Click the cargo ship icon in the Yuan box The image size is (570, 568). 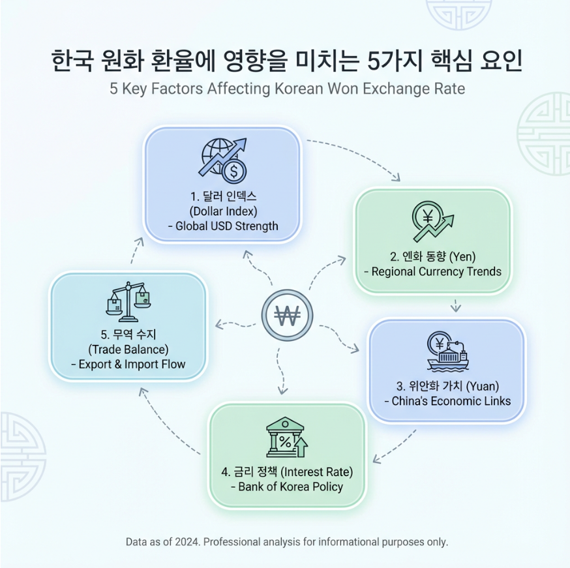click(447, 355)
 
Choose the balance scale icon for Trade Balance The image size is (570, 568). click(128, 301)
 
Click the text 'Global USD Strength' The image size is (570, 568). click(222, 226)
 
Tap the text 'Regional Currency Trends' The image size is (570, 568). click(433, 271)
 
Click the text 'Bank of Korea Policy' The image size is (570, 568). click(286, 486)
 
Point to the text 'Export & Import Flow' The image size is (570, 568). click(128, 364)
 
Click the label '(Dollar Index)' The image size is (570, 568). click(222, 211)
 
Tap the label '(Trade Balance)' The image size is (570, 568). click(128, 349)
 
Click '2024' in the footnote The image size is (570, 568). click(181, 542)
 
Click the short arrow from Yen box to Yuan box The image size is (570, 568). click(456, 304)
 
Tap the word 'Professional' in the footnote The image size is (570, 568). click(228, 542)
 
